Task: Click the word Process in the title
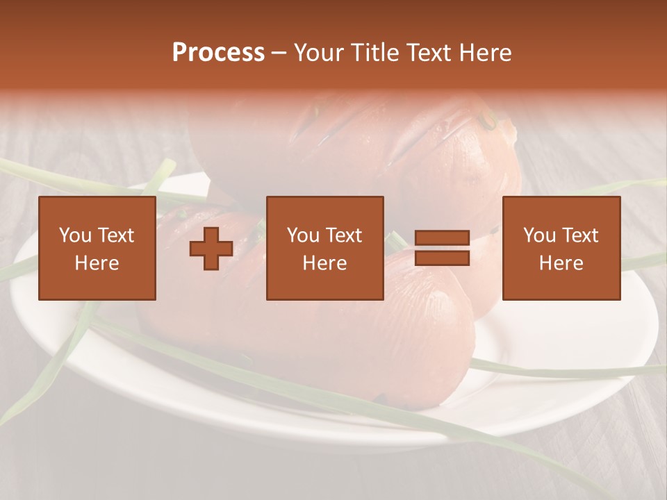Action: pos(218,53)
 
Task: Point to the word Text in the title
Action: pos(432,53)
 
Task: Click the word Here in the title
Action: pos(486,53)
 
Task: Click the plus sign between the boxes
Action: pos(211,249)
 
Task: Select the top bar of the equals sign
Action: pos(442,238)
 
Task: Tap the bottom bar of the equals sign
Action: pos(442,258)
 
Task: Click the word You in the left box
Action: pos(75,235)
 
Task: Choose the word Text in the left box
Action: pos(115,235)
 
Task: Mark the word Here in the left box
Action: pos(97,263)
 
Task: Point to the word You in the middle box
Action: pos(303,235)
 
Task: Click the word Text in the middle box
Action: pos(343,235)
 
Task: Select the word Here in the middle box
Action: pos(324,263)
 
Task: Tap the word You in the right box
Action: pos(539,235)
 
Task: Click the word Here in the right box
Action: pos(561,263)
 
